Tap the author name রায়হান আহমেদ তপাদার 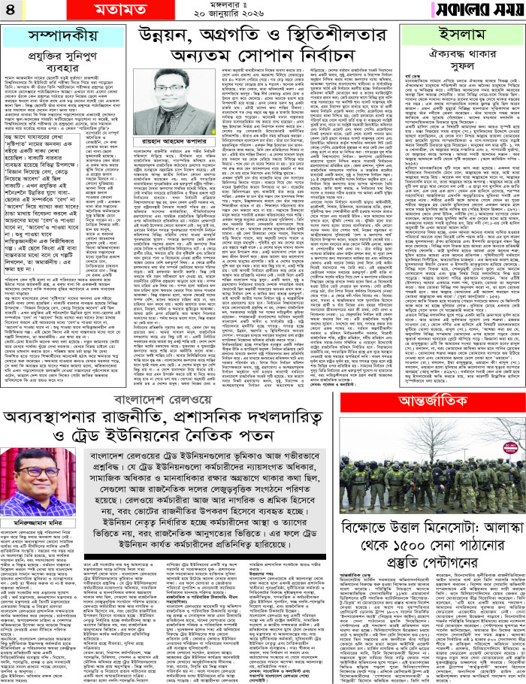point(262,126)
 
